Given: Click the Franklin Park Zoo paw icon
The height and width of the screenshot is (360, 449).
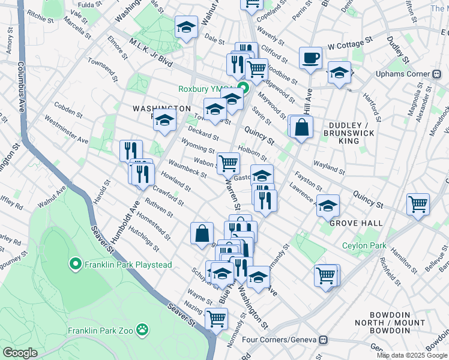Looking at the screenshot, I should point(142,329).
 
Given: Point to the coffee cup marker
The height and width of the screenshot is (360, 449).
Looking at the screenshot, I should point(310,58).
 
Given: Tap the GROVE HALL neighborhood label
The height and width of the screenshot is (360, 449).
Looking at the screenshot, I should point(351,223).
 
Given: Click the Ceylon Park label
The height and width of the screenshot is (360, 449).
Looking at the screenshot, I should point(364,245).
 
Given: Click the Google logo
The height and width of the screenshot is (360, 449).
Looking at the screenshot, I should point(20,353).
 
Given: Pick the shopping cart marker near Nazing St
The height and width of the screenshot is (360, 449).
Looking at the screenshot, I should point(216,318).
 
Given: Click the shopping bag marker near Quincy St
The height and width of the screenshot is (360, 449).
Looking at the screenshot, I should point(302,127).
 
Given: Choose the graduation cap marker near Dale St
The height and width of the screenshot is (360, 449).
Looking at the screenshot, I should point(187,27).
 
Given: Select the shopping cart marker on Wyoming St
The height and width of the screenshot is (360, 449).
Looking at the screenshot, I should point(228,163).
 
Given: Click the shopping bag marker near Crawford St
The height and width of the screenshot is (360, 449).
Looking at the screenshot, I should point(202,233).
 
